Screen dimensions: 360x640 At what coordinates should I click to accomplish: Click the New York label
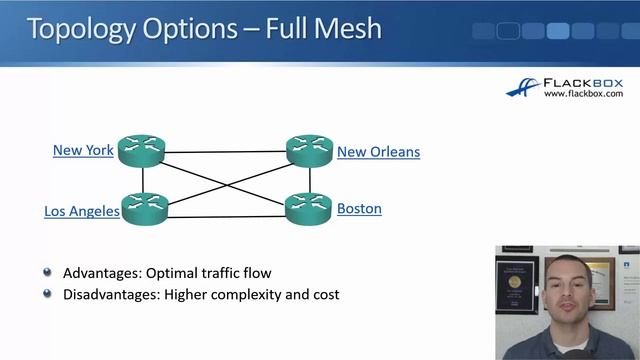(83, 150)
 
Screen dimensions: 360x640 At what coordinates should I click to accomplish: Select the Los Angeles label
(82, 211)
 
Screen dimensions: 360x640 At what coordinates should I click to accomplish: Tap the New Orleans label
(378, 152)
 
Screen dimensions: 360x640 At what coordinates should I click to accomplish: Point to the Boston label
(359, 209)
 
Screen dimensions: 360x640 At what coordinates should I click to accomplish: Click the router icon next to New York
(141, 151)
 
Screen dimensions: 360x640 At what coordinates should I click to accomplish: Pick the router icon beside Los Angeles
(145, 209)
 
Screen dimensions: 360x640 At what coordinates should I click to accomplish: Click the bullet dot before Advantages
(48, 272)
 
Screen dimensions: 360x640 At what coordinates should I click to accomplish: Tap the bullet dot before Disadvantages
(48, 294)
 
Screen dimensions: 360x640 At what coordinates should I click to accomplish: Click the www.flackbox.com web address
(584, 94)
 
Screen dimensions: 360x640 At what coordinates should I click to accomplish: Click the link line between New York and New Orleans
(225, 152)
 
